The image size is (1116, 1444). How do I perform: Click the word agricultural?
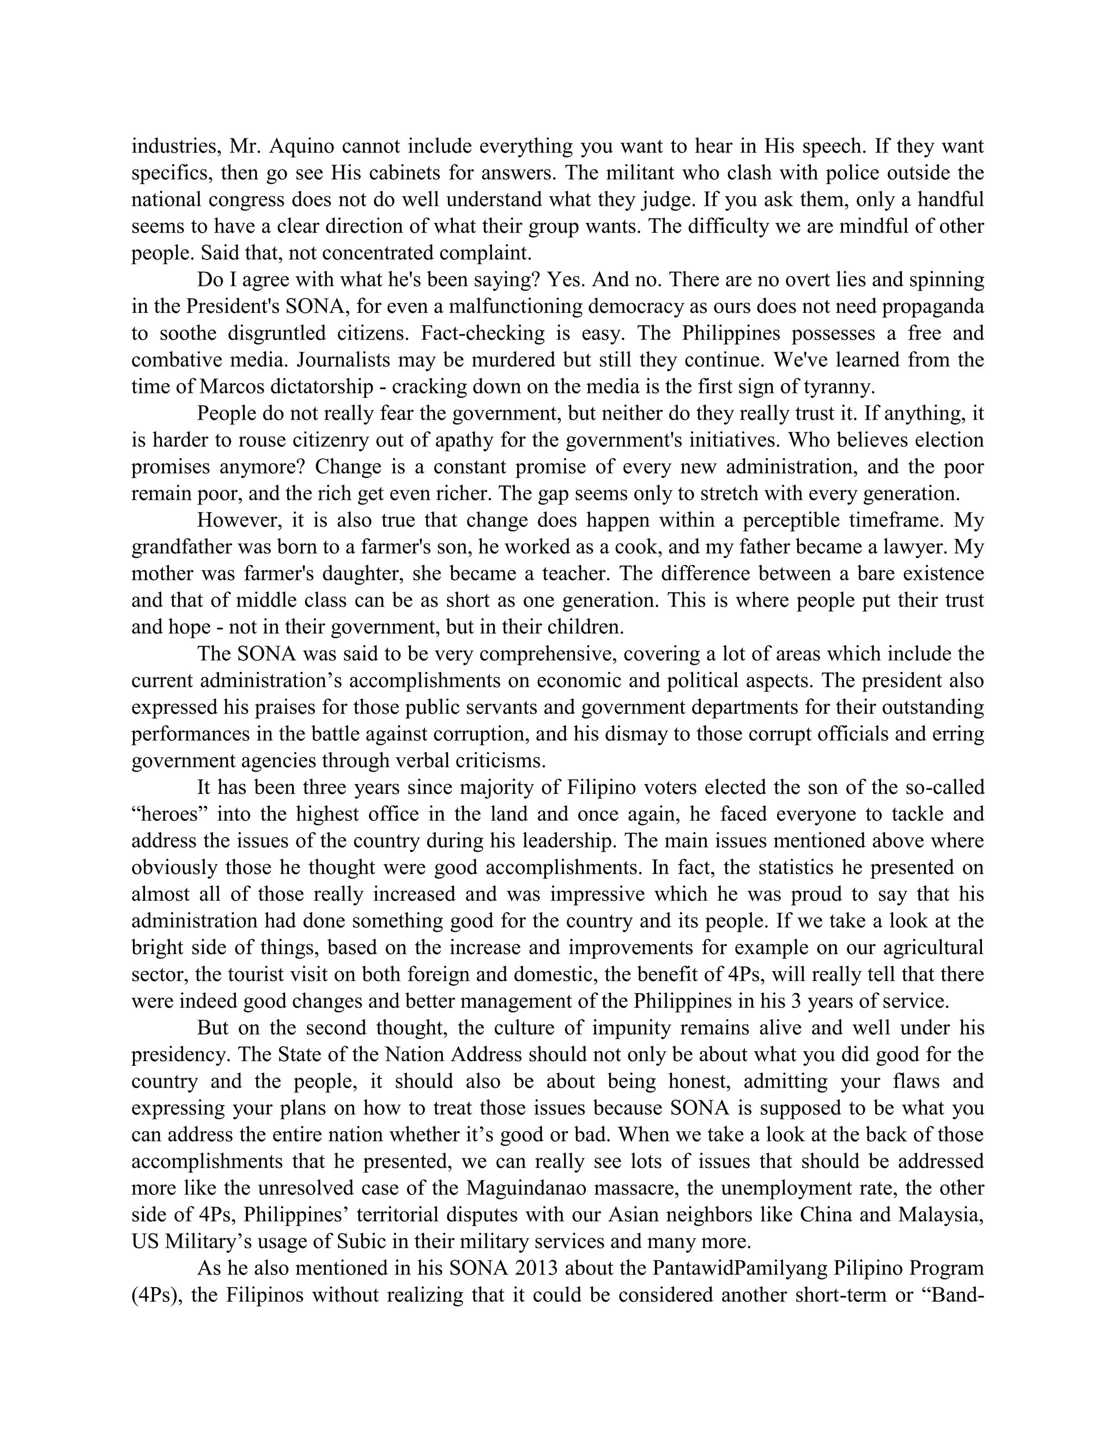[x=933, y=948]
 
